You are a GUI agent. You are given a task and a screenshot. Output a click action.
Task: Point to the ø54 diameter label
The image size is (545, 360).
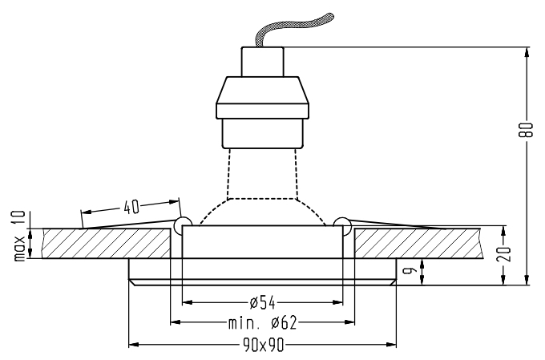click(x=263, y=303)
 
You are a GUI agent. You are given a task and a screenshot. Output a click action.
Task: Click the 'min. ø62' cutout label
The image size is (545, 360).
click(x=262, y=324)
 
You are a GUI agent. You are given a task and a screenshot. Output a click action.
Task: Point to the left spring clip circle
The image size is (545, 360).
click(x=181, y=222)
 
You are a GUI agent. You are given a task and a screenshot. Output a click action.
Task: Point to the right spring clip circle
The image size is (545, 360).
click(x=343, y=222)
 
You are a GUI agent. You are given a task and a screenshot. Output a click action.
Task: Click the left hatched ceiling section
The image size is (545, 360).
click(x=104, y=243)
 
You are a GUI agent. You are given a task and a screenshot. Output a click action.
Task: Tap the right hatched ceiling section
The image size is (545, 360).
click(x=417, y=243)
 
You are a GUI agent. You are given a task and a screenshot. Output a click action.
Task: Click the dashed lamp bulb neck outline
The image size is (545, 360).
click(x=262, y=172)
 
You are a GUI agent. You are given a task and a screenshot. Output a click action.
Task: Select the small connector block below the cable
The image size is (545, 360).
click(x=263, y=59)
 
